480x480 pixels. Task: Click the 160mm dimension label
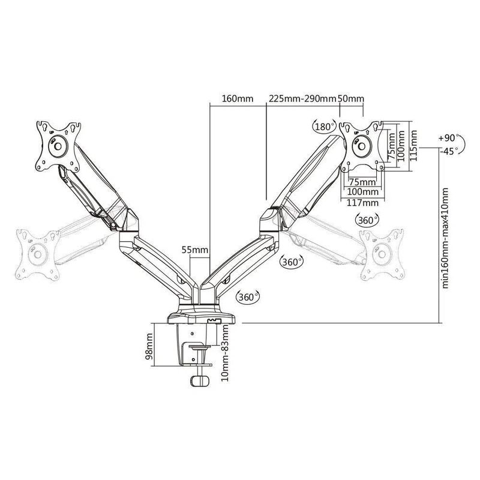click(x=238, y=98)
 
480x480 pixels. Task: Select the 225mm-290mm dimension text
click(x=302, y=98)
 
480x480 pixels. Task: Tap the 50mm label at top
click(x=351, y=98)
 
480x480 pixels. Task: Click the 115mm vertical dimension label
click(x=413, y=145)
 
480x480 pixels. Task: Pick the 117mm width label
click(x=363, y=203)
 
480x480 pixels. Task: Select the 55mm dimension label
click(x=195, y=250)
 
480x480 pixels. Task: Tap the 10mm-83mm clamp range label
click(x=225, y=353)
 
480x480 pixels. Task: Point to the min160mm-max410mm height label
click(x=445, y=238)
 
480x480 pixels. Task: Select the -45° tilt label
click(x=448, y=151)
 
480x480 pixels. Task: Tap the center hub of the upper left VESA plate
click(x=58, y=146)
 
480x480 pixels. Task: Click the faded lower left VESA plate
click(x=38, y=254)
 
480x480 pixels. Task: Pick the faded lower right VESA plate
click(x=382, y=254)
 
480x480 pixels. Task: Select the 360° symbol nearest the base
click(x=248, y=297)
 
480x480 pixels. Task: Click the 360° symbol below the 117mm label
click(x=367, y=220)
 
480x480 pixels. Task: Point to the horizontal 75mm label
click(x=362, y=182)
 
